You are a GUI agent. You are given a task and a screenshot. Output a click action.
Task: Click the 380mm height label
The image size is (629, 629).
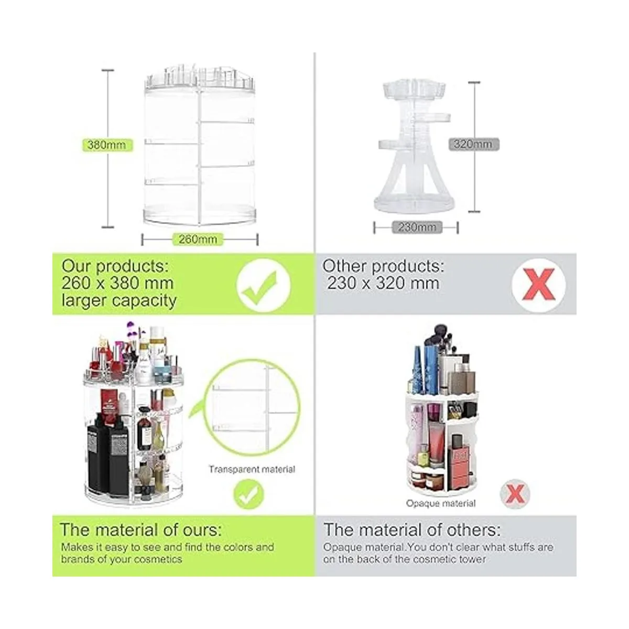click(x=107, y=145)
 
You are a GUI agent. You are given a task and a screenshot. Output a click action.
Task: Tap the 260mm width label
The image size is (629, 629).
click(x=198, y=239)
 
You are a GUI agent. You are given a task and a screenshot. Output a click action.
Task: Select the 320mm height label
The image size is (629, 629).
click(x=474, y=144)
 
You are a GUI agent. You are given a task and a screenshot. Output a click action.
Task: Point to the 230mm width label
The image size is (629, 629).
click(x=417, y=227)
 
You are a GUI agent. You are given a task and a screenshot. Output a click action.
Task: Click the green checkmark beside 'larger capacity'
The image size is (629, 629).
click(x=263, y=286)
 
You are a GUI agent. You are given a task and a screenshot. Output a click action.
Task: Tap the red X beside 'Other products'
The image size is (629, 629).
click(x=539, y=285)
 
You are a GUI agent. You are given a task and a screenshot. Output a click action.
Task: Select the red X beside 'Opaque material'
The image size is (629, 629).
click(x=515, y=494)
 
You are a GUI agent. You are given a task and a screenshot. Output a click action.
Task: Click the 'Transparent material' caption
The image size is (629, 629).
click(x=252, y=469)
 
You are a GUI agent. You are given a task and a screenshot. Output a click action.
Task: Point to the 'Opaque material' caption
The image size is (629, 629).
click(x=441, y=503)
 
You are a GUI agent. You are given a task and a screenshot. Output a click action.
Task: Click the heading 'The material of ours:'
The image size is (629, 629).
click(x=141, y=529)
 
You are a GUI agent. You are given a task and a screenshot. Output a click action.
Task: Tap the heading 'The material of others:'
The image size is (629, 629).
click(x=412, y=529)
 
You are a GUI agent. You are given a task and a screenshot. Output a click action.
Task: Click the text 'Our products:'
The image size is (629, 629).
click(x=115, y=266)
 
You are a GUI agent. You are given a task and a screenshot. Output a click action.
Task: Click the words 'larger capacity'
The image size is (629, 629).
click(x=119, y=301)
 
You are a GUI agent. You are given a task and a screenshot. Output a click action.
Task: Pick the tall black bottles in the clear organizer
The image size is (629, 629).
click(x=108, y=454)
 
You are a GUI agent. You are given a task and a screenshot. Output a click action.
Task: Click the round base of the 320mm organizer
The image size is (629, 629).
click(x=414, y=204)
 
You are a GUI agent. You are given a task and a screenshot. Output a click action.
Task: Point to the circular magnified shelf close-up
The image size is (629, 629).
click(x=252, y=407)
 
